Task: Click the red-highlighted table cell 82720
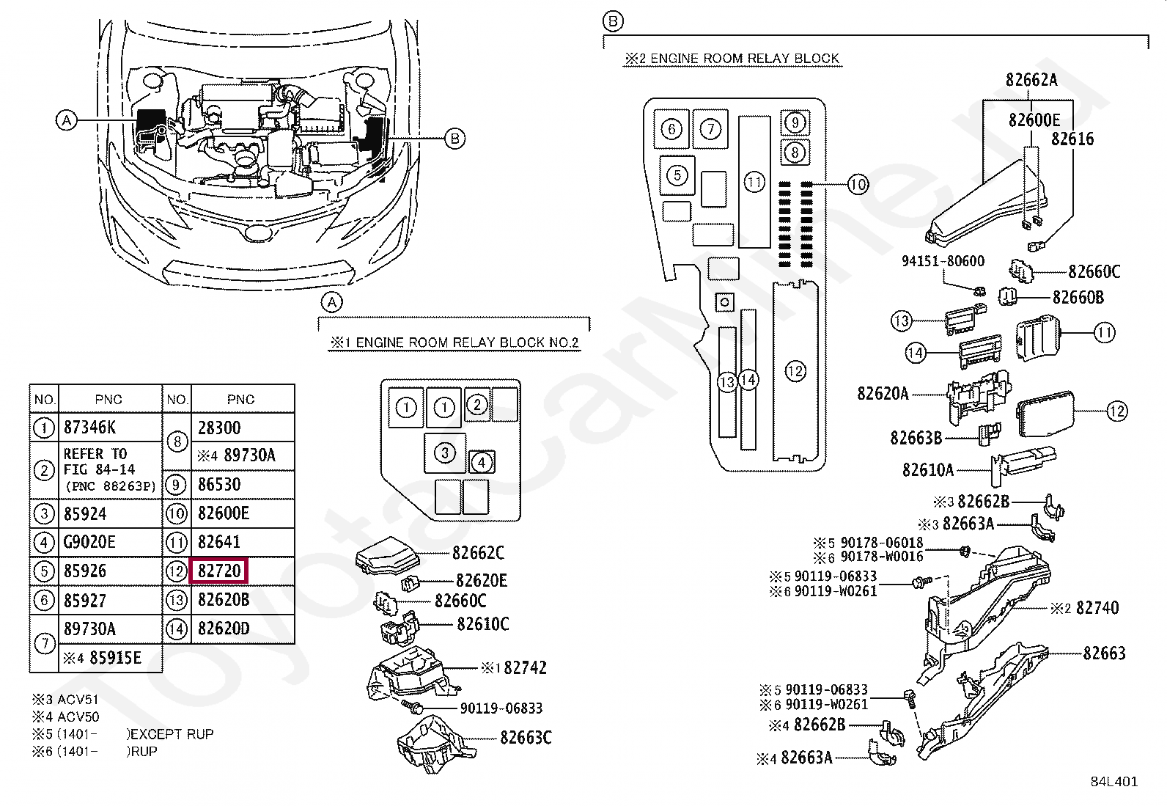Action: coord(219,571)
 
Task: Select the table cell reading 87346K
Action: coord(89,428)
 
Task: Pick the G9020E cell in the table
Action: coord(89,542)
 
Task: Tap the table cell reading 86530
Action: coord(218,485)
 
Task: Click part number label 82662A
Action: coord(1031,80)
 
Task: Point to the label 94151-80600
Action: coord(943,261)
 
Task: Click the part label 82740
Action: coord(1097,608)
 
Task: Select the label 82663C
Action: coord(526,738)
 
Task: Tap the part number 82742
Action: coord(525,668)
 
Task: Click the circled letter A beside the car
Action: coord(67,120)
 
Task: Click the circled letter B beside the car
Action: coord(455,138)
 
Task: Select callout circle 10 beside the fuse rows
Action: coord(858,184)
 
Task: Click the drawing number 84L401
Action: coord(1113,782)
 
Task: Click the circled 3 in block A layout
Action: coord(444,453)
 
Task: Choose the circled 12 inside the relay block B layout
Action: coord(795,371)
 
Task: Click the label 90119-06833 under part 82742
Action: coord(501,708)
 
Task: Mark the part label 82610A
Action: coord(927,470)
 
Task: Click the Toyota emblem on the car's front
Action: coord(257,232)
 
